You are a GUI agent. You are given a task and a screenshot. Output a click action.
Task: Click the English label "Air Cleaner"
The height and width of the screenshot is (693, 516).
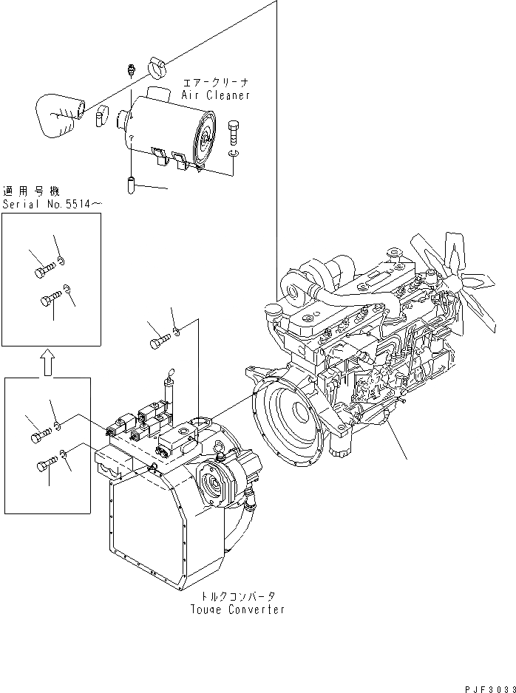[x=216, y=95]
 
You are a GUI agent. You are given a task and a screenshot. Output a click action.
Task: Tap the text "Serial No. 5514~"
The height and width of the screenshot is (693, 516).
[x=50, y=203]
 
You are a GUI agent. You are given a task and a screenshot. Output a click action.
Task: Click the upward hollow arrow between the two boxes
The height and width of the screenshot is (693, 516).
[x=46, y=362]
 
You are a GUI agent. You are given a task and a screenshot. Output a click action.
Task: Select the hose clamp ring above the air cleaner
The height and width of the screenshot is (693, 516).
[x=157, y=66]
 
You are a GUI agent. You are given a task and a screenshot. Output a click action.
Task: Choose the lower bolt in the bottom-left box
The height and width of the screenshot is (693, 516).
[x=45, y=465]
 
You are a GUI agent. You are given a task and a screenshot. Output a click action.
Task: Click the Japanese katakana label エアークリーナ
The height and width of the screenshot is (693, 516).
[x=215, y=84]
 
